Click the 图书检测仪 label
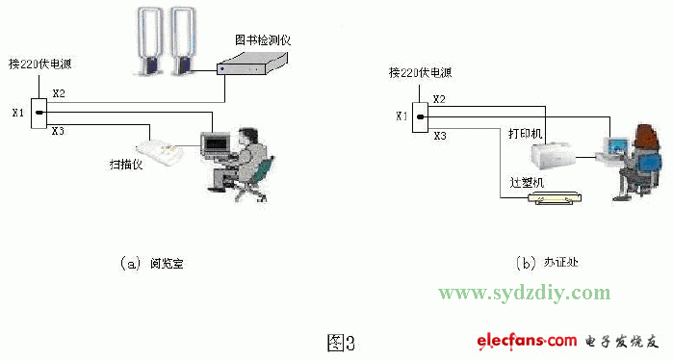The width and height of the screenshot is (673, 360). tap(262, 41)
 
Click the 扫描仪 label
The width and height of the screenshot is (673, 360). tap(127, 165)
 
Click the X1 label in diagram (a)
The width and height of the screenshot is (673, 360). tap(17, 114)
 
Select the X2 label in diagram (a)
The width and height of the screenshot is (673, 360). tap(59, 93)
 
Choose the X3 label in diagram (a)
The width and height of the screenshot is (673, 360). tap(58, 131)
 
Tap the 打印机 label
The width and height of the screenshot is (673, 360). tap(526, 133)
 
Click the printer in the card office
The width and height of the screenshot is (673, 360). tap(557, 153)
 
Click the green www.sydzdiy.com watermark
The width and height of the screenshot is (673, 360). tap(524, 293)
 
